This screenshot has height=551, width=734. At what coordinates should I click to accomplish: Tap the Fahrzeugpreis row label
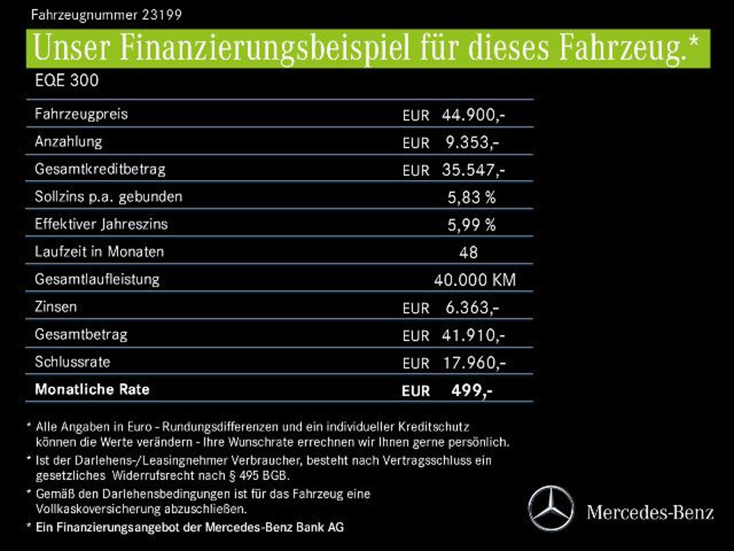[x=81, y=114]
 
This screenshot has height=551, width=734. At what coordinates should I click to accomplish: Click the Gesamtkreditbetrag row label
[x=100, y=169]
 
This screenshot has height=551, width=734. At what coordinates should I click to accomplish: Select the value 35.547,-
[x=474, y=170]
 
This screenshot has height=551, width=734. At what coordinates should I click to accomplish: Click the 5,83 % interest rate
[x=471, y=197]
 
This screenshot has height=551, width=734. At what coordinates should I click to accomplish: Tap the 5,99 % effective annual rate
[x=471, y=225]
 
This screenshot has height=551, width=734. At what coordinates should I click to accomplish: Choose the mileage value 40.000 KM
[x=474, y=280]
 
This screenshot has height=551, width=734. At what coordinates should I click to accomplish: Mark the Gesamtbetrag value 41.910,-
[x=474, y=335]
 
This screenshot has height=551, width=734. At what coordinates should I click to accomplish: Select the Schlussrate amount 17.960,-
[x=474, y=362]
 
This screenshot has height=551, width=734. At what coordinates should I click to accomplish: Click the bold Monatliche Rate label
[x=92, y=390]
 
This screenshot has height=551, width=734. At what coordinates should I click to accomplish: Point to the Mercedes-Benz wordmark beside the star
[x=649, y=512]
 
